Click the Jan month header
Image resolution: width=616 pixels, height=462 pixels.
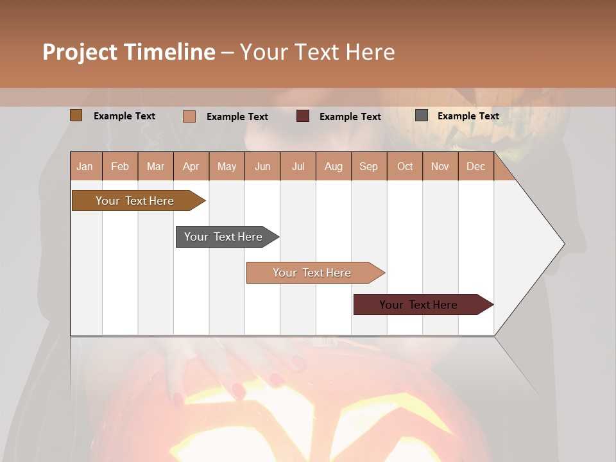click(85, 166)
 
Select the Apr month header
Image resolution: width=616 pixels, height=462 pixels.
click(191, 166)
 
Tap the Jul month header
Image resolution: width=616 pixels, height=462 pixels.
click(298, 166)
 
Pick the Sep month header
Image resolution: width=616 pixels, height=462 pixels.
click(369, 166)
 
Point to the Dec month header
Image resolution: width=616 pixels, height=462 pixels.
click(475, 166)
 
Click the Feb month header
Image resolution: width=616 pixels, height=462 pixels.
click(120, 166)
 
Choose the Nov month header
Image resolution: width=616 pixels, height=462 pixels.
click(440, 166)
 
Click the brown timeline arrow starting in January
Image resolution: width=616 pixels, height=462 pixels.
click(135, 201)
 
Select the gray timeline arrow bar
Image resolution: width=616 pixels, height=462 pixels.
click(224, 237)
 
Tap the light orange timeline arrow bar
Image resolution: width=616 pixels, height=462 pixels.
click(312, 273)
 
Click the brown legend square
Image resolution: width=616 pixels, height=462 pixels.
click(76, 116)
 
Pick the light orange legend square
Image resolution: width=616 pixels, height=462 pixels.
click(189, 116)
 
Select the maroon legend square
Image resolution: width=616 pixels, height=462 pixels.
click(303, 116)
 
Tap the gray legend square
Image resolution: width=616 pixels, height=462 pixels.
click(422, 116)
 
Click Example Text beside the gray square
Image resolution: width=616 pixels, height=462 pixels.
click(468, 116)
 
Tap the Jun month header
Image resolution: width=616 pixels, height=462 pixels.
click(262, 166)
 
